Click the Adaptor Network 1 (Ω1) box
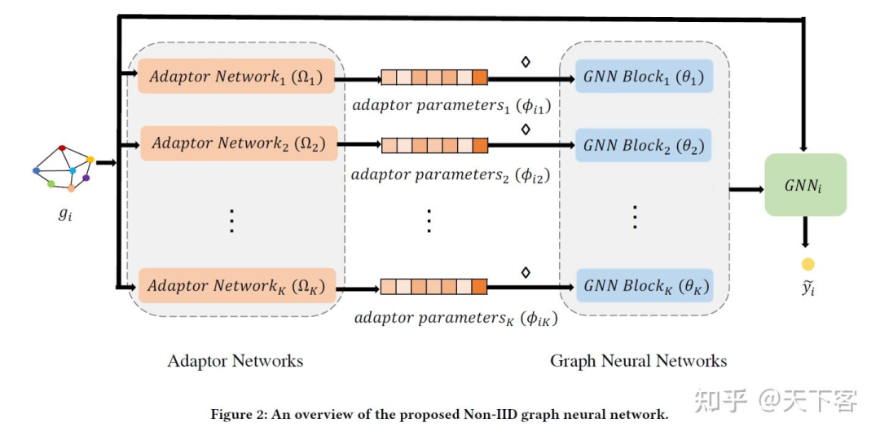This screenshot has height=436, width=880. point(237,77)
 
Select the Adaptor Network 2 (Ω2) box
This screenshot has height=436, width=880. point(239,144)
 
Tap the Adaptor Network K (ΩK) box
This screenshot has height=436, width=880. point(237,286)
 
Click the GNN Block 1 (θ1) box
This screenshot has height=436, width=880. point(644,77)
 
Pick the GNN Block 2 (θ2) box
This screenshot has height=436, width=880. point(644,146)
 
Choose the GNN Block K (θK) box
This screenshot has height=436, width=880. point(644,286)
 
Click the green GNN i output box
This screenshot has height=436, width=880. point(805,185)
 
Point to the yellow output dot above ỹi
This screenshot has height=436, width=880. point(807,263)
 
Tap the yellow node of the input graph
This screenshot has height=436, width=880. point(90,160)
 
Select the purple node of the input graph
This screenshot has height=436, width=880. point(86,178)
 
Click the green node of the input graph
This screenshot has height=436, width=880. point(51,184)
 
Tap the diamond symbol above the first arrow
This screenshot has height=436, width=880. point(526,60)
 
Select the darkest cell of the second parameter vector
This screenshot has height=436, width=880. point(479,146)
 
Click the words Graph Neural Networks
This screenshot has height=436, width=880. point(638,360)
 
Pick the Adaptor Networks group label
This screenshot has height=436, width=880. point(235,360)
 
